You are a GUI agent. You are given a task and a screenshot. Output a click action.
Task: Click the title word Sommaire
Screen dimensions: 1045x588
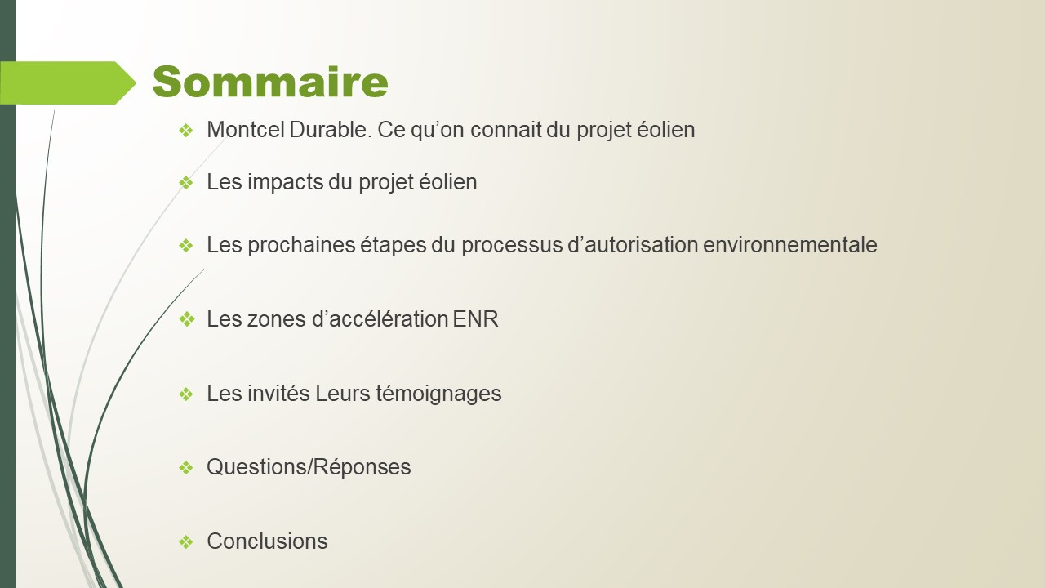tap(270, 82)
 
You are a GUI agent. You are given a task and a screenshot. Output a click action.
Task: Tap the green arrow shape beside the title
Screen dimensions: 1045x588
tap(68, 82)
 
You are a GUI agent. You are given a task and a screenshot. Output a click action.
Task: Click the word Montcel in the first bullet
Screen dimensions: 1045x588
tap(246, 130)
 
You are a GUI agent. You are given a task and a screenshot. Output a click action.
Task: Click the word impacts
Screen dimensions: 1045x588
tap(286, 182)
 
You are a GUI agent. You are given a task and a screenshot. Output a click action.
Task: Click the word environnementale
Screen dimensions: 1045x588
tap(789, 245)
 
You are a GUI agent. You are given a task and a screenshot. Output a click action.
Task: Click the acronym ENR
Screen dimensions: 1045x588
tap(475, 319)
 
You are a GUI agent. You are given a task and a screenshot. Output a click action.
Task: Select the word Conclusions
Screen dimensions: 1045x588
tap(267, 541)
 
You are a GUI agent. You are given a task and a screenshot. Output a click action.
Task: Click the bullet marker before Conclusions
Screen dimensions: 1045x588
tap(186, 541)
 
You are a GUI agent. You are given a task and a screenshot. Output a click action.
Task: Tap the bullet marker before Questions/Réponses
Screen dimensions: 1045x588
tap(186, 467)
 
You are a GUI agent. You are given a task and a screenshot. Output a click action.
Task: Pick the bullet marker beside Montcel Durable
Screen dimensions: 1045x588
tap(186, 130)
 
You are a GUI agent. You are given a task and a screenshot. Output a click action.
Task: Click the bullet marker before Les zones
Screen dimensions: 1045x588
tap(187, 319)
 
